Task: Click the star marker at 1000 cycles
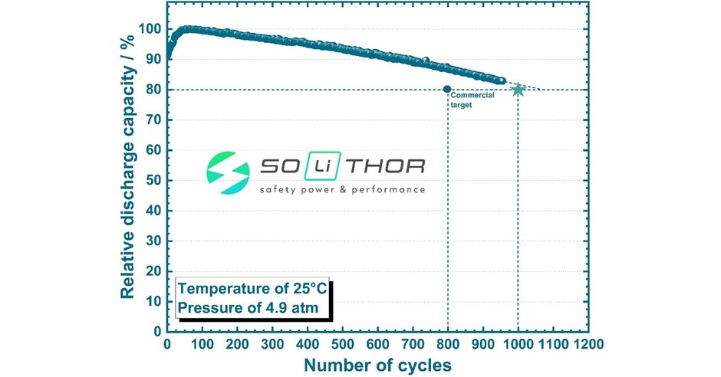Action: pyautogui.click(x=518, y=90)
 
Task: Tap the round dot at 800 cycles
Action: pyautogui.click(x=447, y=90)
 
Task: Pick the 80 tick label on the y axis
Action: pyautogui.click(x=152, y=90)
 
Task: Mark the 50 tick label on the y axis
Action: pyautogui.click(x=152, y=181)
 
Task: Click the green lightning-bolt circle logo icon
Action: pyautogui.click(x=228, y=174)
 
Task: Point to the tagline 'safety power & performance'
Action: pyautogui.click(x=341, y=189)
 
